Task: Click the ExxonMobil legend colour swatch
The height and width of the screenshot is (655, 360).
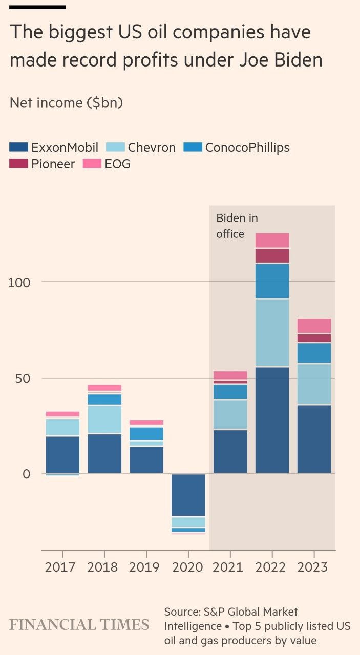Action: click(x=19, y=147)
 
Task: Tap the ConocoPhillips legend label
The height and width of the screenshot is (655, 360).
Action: click(x=247, y=147)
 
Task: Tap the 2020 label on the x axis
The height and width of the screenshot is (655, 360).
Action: click(x=188, y=567)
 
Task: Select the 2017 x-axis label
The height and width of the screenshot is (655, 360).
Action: click(x=62, y=567)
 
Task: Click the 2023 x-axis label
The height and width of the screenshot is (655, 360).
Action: click(x=314, y=567)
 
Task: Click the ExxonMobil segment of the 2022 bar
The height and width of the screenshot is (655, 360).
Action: click(x=272, y=420)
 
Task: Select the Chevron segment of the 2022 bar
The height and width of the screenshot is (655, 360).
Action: click(x=272, y=333)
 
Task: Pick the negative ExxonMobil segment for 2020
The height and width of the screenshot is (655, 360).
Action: click(x=188, y=495)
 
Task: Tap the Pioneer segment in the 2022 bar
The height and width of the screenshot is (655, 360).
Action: click(x=272, y=256)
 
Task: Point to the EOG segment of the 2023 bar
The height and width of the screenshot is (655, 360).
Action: click(x=314, y=325)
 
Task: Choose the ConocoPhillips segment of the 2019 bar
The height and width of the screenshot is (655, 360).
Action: click(x=146, y=433)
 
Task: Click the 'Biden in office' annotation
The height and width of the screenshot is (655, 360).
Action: click(x=237, y=226)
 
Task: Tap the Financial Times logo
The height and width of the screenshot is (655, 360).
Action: click(x=79, y=625)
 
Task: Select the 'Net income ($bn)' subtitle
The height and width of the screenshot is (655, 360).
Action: click(x=66, y=103)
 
